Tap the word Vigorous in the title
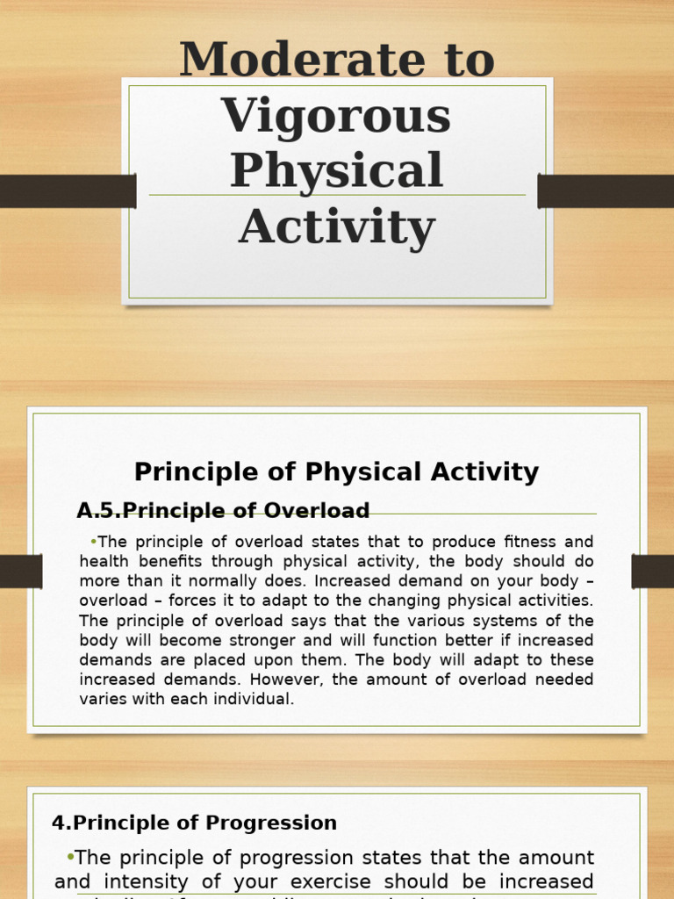pyautogui.click(x=336, y=115)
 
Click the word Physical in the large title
pyautogui.click(x=336, y=170)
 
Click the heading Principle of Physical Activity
pyautogui.click(x=336, y=472)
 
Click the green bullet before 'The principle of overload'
pyautogui.click(x=93, y=541)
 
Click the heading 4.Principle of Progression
pyautogui.click(x=194, y=823)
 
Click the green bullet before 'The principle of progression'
pyautogui.click(x=70, y=856)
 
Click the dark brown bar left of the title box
pyautogui.click(x=68, y=191)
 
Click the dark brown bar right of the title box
pyautogui.click(x=606, y=191)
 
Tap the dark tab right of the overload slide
pyautogui.click(x=652, y=571)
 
